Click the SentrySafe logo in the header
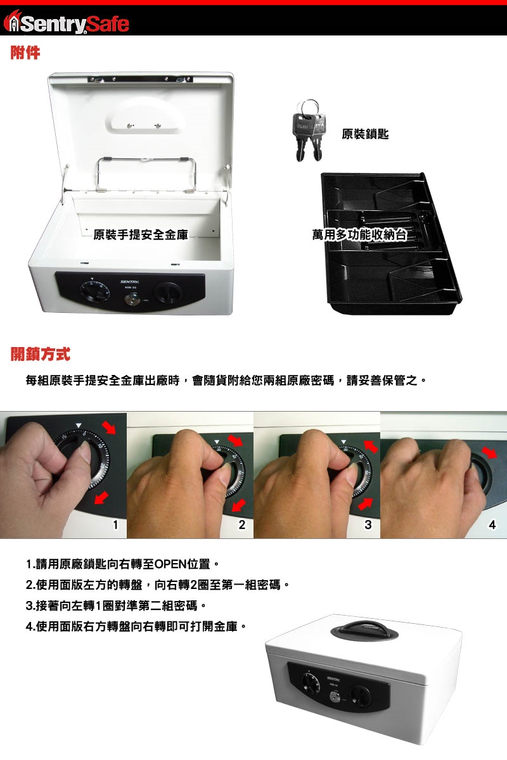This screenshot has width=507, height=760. (66, 22)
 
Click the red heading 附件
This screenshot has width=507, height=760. (25, 53)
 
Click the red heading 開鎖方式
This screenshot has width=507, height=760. (40, 354)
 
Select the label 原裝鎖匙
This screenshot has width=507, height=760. (365, 134)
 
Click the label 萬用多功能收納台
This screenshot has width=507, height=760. (359, 235)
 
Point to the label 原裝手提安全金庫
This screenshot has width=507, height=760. (141, 234)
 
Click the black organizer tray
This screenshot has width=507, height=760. (391, 243)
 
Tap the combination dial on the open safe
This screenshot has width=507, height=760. (95, 291)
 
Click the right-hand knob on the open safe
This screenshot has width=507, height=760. (169, 293)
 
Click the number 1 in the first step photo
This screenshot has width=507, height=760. (115, 524)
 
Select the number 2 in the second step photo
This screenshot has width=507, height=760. (242, 524)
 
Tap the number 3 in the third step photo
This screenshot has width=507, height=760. (368, 524)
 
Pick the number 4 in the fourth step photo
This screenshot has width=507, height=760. (492, 525)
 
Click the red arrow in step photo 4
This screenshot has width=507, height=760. (489, 452)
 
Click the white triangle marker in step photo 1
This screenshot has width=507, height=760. (79, 425)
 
